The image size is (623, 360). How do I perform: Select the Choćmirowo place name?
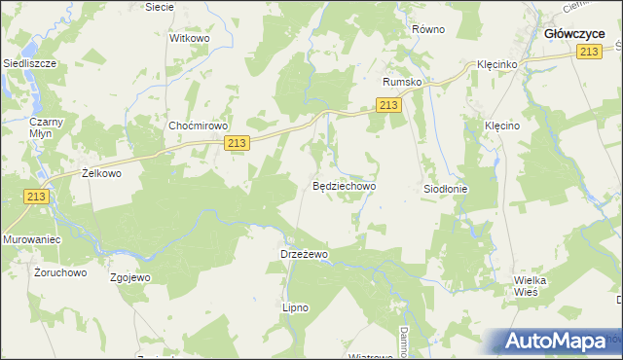pyautogui.click(x=198, y=126)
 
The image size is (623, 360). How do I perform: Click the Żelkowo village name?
pyautogui.click(x=100, y=173)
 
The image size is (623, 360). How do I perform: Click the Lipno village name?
pyautogui.click(x=295, y=307)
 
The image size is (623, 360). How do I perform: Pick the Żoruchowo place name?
pyautogui.click(x=60, y=272)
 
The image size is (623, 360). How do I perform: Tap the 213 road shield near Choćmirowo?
pyautogui.click(x=237, y=143)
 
